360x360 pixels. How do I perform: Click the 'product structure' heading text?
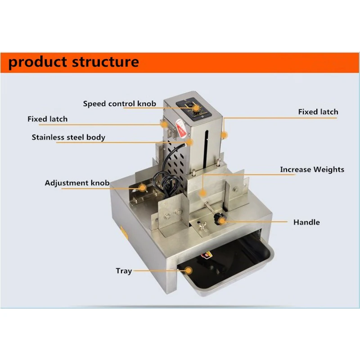[73, 61]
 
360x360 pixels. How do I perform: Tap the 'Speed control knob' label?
[119, 103]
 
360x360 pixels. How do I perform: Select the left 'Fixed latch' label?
[47, 119]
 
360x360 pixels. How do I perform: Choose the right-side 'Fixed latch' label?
[318, 112]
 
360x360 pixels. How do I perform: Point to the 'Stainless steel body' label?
[68, 137]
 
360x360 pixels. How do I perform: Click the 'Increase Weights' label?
[312, 170]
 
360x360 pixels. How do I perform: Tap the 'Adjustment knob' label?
[77, 183]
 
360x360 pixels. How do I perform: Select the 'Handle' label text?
[306, 222]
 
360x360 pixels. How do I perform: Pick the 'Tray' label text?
[124, 271]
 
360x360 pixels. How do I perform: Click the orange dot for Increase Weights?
[202, 193]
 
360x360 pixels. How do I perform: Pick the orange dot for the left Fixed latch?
[165, 123]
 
